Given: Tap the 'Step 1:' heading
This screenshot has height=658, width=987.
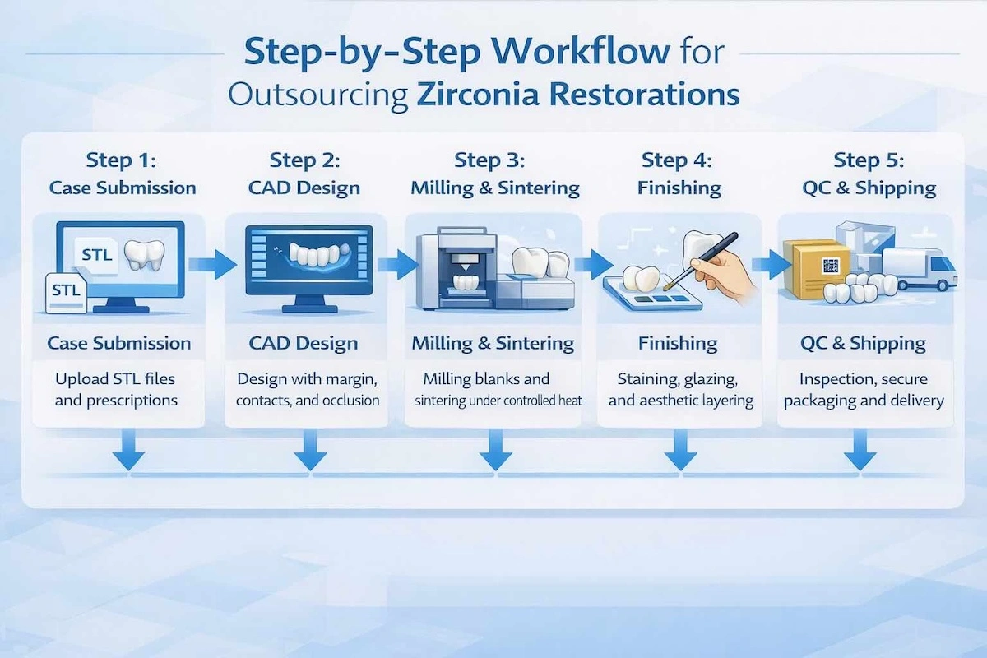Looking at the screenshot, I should tap(123, 160).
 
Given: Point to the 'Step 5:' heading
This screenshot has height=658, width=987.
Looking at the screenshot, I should tap(869, 160).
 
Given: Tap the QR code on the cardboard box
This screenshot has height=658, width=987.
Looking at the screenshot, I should tap(831, 266).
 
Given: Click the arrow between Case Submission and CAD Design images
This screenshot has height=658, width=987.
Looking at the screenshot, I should tap(205, 264).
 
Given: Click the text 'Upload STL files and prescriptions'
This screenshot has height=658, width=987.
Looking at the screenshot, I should tap(116, 390).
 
